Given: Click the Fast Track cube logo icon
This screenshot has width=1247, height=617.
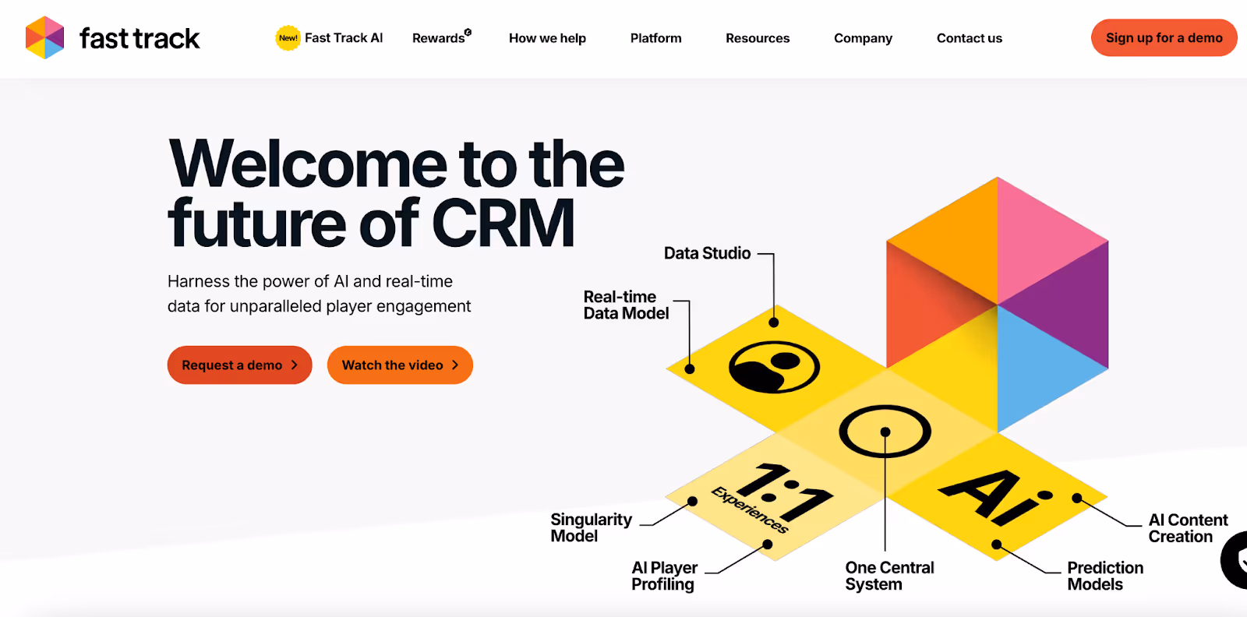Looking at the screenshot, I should [x=44, y=37].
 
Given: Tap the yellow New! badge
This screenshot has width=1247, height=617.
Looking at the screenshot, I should [x=288, y=37].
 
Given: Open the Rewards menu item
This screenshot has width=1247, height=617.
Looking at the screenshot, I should [x=440, y=38].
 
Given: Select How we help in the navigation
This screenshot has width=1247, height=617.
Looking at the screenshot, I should [x=547, y=38].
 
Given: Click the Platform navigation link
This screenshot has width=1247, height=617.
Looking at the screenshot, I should [x=655, y=38].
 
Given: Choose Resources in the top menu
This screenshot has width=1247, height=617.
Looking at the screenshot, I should [x=758, y=38].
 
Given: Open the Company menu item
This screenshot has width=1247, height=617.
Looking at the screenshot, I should [x=863, y=38].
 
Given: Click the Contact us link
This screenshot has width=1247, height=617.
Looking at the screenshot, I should [x=969, y=38].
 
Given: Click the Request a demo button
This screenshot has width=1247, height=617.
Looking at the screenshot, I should [x=239, y=365].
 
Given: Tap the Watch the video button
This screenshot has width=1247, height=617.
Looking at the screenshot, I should [x=400, y=365].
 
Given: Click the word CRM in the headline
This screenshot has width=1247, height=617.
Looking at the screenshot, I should [x=503, y=224].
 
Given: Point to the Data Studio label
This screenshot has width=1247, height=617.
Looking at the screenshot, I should [x=707, y=253].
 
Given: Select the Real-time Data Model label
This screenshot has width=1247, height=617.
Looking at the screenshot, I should [x=626, y=305].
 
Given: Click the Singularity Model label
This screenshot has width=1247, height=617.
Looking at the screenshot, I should [x=591, y=527].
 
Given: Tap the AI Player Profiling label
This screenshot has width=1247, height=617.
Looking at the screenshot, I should [x=664, y=576].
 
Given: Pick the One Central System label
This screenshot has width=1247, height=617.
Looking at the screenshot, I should [x=889, y=576].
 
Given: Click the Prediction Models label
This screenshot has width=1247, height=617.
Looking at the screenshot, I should [x=1104, y=576].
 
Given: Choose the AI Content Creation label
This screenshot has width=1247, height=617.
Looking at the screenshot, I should [x=1187, y=527].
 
